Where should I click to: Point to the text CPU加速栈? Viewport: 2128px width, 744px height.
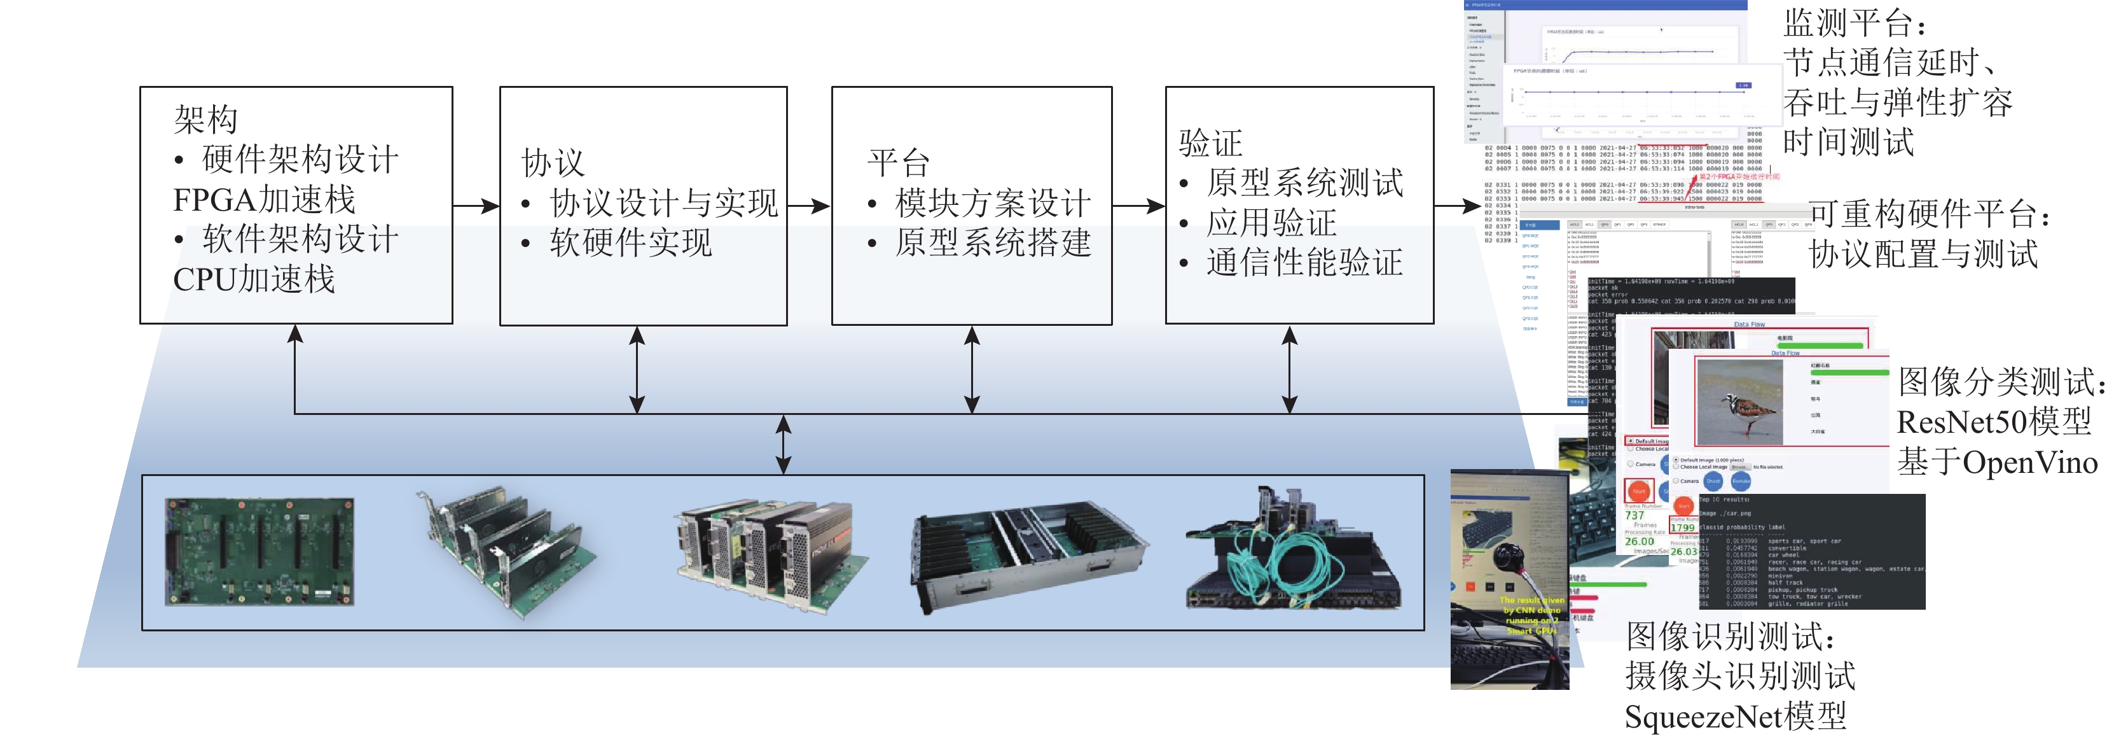pos(254,279)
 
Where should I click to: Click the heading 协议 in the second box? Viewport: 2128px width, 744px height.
pos(553,163)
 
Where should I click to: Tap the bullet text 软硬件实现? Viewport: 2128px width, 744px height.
pos(630,243)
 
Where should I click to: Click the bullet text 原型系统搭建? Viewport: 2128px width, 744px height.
pos(993,243)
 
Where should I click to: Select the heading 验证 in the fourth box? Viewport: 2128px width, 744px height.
pos(1210,144)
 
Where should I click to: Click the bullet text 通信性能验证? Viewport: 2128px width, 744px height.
pos(1304,263)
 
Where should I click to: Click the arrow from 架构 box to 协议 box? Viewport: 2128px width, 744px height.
pos(476,206)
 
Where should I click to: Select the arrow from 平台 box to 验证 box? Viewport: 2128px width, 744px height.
pos(1138,206)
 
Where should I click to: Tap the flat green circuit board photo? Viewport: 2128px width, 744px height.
pos(259,551)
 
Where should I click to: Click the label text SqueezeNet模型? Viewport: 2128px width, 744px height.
pos(1735,716)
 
